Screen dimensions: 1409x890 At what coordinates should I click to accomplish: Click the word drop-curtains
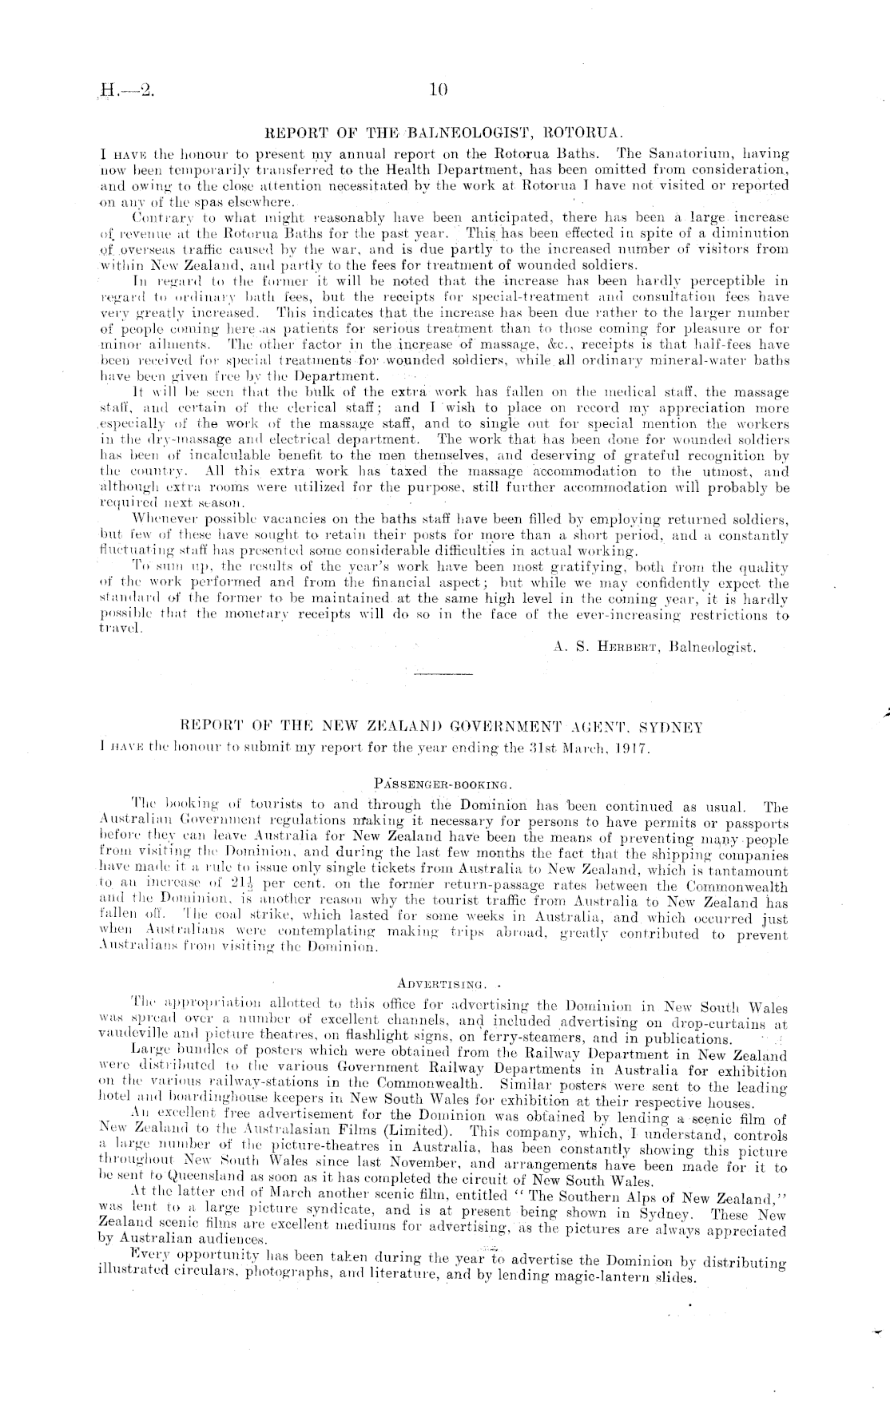tap(723, 1023)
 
